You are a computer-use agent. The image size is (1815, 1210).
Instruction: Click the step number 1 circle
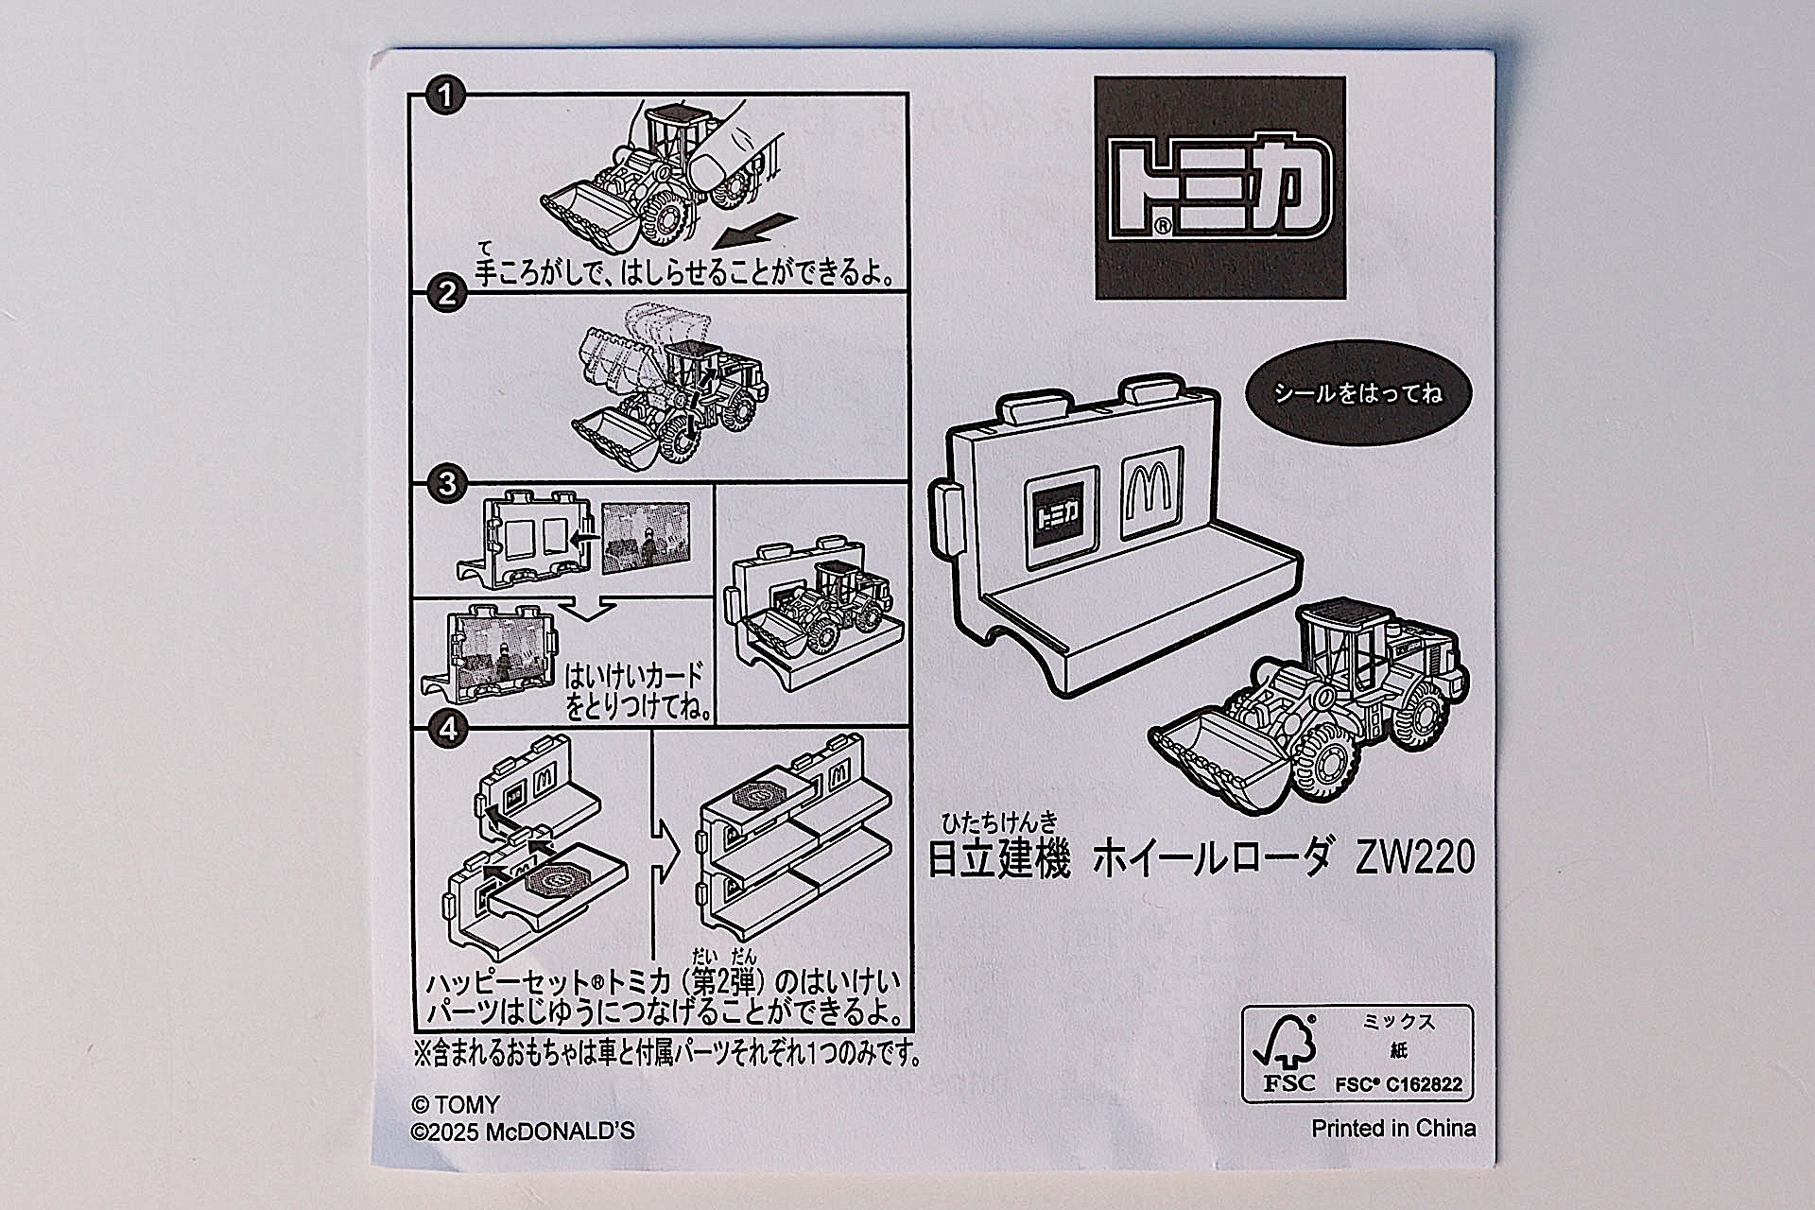(444, 95)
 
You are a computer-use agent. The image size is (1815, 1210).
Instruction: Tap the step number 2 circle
(448, 294)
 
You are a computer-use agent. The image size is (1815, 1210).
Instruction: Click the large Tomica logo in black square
(1219, 188)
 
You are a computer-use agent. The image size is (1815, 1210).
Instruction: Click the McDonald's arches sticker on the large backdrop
(1150, 493)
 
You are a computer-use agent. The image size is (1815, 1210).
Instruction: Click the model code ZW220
(1414, 858)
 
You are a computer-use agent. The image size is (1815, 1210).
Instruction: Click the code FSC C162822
(1398, 1085)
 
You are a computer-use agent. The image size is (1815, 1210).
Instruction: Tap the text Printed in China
(1392, 1129)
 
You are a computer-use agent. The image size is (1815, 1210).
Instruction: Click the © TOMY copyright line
(456, 1105)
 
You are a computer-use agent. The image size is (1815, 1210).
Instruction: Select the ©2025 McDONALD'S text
(523, 1132)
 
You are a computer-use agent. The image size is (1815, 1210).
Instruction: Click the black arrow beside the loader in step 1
(756, 230)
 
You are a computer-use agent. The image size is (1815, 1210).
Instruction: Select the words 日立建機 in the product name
(998, 859)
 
